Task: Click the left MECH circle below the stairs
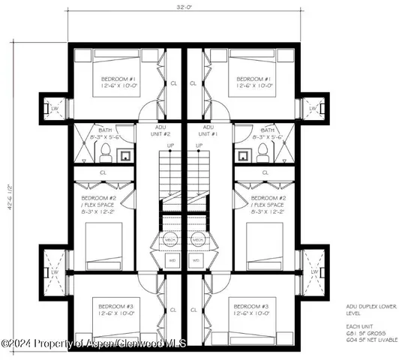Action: point(172,240)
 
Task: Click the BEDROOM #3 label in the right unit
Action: point(247,310)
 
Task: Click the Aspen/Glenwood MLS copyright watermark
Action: point(94,343)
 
